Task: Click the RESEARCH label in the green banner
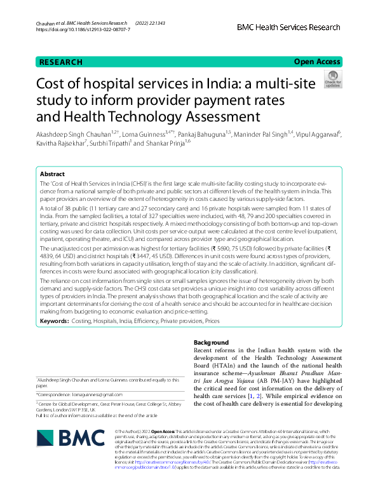(61, 62)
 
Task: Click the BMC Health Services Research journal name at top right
(289, 27)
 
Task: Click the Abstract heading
(52, 174)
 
